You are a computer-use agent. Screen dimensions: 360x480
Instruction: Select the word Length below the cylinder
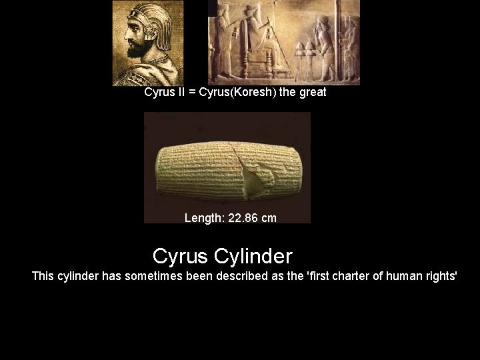coord(204,218)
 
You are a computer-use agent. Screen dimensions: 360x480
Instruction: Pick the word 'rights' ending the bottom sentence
coord(441,276)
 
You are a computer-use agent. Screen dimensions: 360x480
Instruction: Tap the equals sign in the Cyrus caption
coord(192,93)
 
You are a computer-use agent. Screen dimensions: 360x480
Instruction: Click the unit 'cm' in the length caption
coord(269,218)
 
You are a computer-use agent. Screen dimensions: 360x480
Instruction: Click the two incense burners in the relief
coord(301,53)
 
